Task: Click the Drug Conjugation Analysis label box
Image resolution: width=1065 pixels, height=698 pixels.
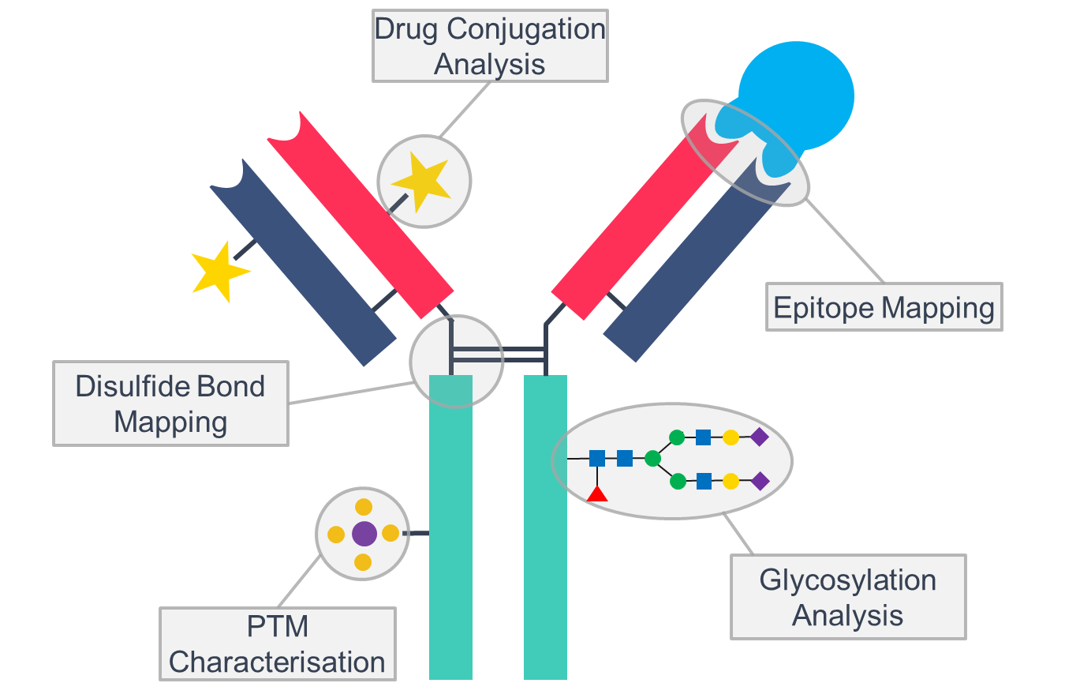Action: pyautogui.click(x=489, y=46)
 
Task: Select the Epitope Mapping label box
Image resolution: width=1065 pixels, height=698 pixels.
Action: pyautogui.click(x=884, y=307)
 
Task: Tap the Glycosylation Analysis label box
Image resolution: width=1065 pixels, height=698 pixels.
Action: pyautogui.click(x=847, y=597)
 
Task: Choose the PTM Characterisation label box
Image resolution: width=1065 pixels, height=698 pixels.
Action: pyautogui.click(x=277, y=644)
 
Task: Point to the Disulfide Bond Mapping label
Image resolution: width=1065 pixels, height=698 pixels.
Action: pyautogui.click(x=170, y=403)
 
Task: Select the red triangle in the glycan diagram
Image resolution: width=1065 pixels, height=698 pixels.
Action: pyautogui.click(x=597, y=495)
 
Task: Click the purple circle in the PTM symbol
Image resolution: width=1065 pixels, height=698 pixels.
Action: pyautogui.click(x=364, y=534)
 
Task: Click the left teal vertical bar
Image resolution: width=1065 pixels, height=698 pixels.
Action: pyautogui.click(x=450, y=537)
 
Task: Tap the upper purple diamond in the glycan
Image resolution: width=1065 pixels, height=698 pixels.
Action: pyautogui.click(x=759, y=437)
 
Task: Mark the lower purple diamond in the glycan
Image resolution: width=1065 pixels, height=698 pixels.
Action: pyautogui.click(x=759, y=481)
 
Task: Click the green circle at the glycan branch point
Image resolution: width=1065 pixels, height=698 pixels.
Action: pyautogui.click(x=652, y=458)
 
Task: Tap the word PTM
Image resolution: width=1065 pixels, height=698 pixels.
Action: pyautogui.click(x=277, y=628)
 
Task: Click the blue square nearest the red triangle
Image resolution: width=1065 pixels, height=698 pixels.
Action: pyautogui.click(x=597, y=458)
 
